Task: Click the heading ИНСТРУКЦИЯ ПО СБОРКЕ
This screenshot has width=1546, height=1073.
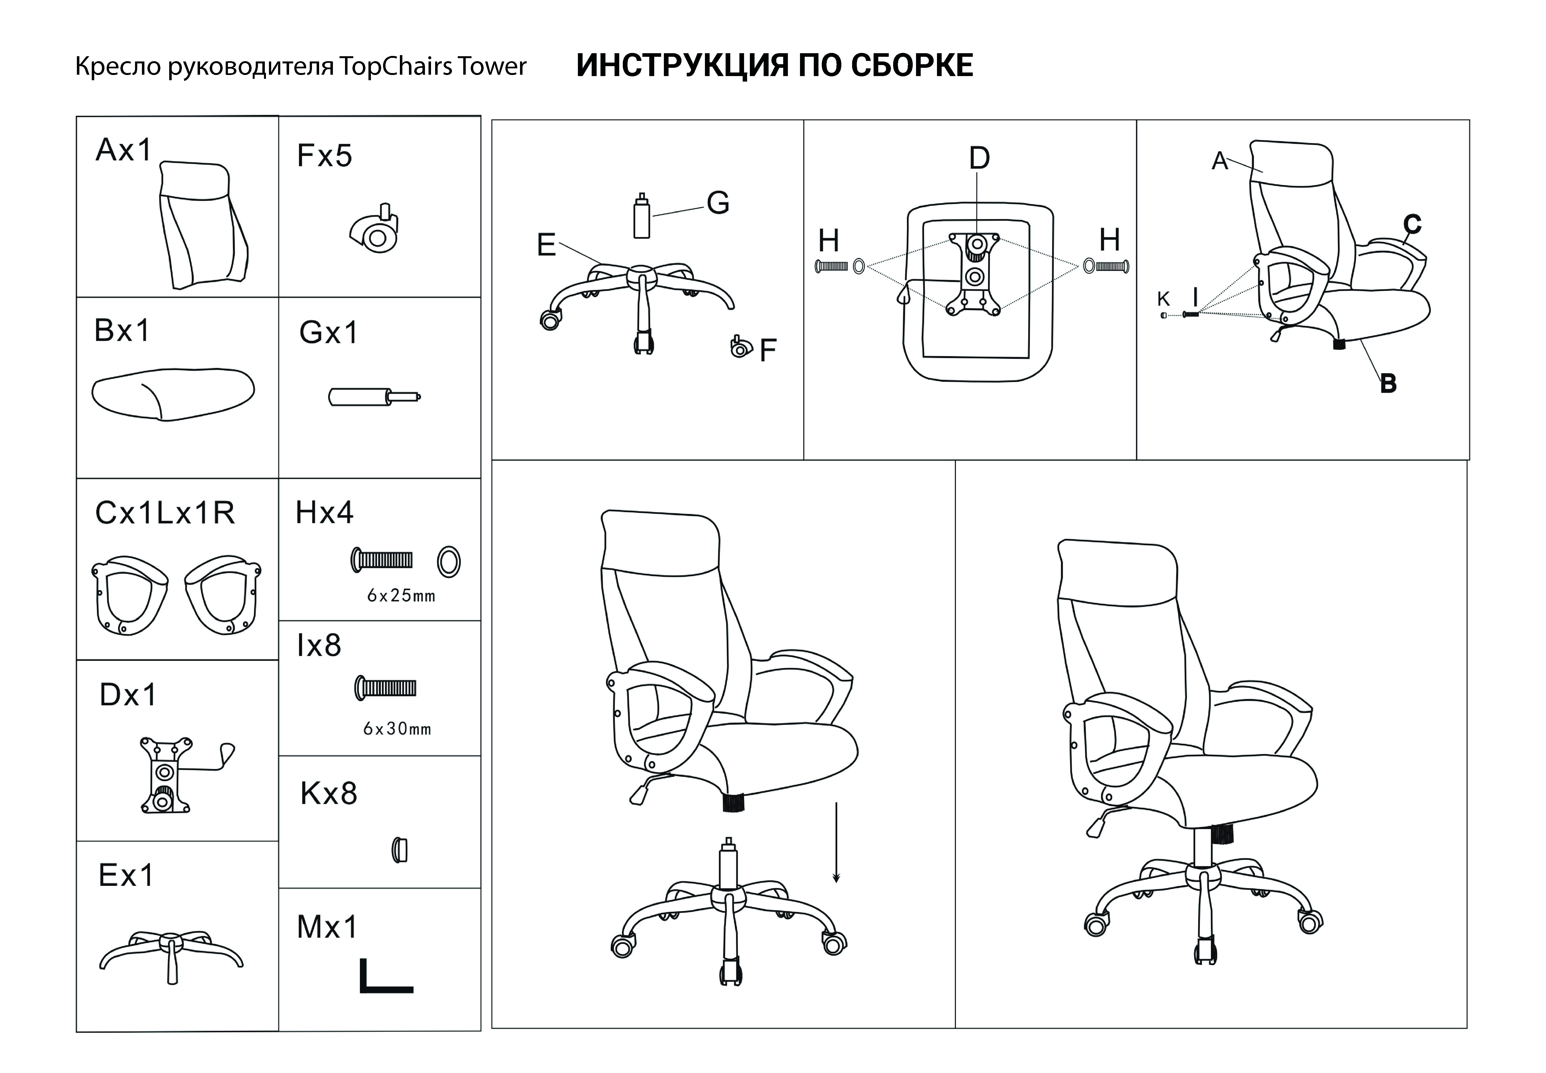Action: pyautogui.click(x=774, y=66)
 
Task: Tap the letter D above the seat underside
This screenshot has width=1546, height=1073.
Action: pyautogui.click(x=979, y=159)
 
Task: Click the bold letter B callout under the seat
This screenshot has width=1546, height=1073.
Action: pyautogui.click(x=1388, y=383)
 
